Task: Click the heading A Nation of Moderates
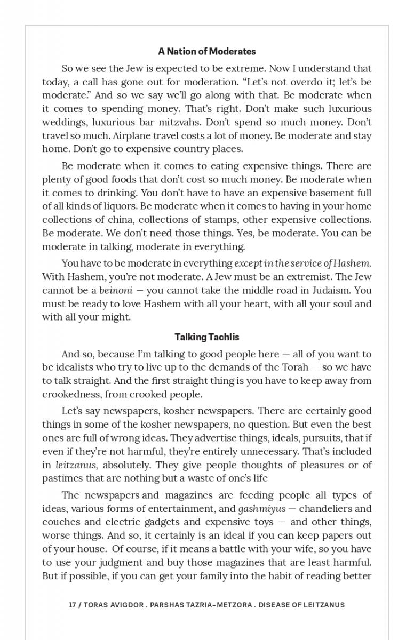(207, 52)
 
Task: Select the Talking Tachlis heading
(207, 337)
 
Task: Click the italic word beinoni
(116, 291)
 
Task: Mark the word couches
(61, 522)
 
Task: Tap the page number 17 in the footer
(72, 605)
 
